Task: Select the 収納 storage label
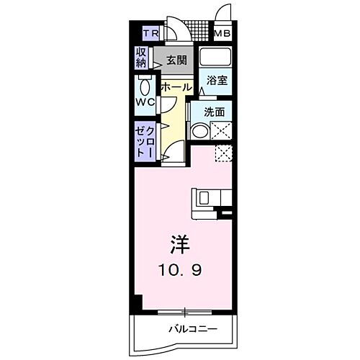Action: coord(141,58)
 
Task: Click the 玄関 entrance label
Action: coord(177,60)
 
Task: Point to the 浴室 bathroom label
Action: coord(218,81)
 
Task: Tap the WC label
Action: coord(145,102)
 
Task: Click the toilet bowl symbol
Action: coord(145,87)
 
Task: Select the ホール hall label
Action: coord(176,87)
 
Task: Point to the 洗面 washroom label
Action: coord(214,112)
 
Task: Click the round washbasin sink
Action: coord(199,131)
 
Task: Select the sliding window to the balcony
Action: coord(185,312)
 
